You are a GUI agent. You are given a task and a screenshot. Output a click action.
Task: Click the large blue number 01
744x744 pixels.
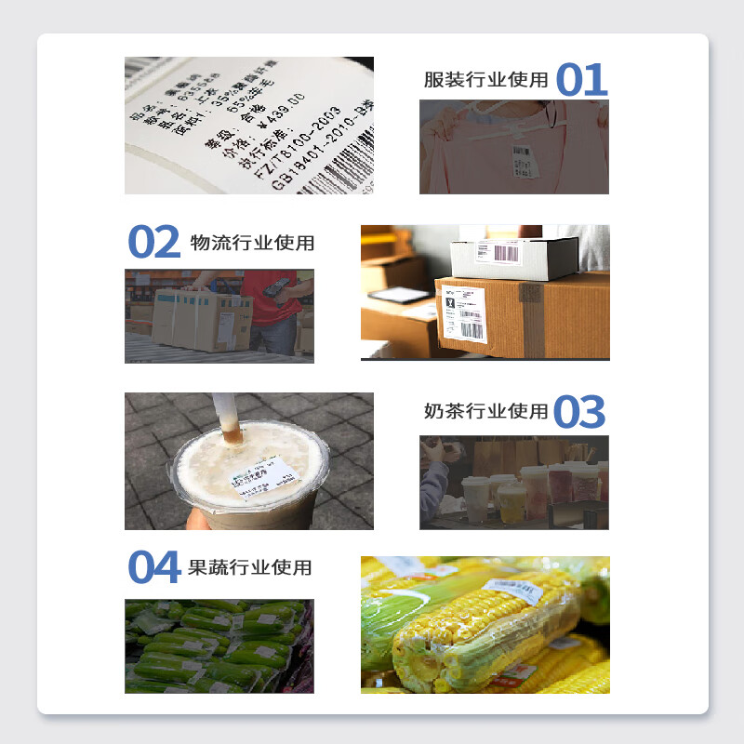(581, 80)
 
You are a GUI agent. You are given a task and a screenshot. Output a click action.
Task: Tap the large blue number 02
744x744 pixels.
(153, 243)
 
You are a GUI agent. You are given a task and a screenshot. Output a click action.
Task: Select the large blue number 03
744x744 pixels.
(579, 412)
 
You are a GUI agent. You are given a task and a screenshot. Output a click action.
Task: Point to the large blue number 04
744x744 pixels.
(153, 567)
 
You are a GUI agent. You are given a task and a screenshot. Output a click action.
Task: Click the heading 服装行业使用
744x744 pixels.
(485, 80)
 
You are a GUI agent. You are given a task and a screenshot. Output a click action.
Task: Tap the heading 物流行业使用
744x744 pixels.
(252, 243)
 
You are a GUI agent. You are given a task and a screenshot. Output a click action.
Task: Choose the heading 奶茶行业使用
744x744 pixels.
(485, 411)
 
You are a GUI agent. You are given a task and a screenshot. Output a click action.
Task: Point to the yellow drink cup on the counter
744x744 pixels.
(512, 503)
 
